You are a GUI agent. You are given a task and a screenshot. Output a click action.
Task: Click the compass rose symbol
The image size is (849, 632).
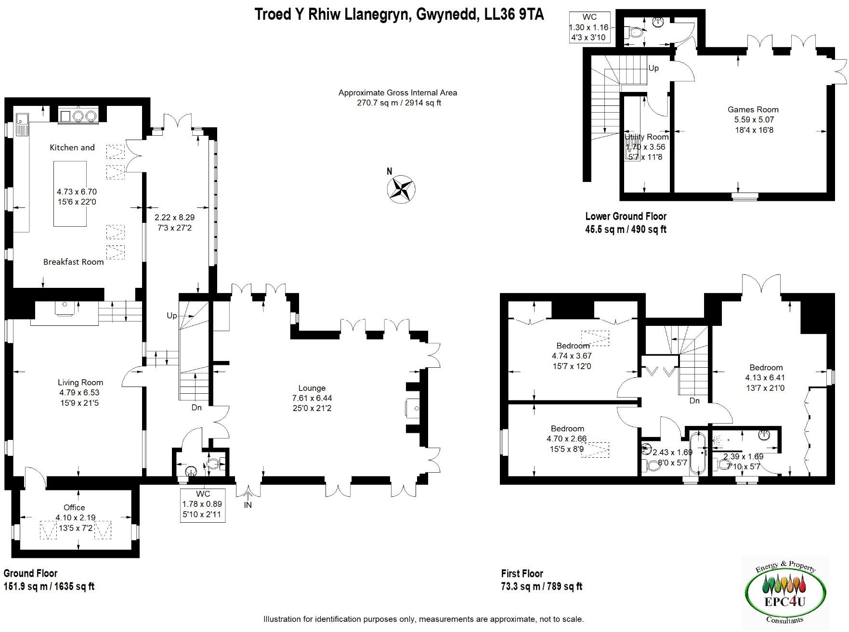click(x=401, y=189)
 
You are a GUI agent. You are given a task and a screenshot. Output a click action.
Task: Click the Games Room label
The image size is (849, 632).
click(x=753, y=110)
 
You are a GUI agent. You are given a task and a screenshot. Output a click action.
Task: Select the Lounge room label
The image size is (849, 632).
click(x=312, y=388)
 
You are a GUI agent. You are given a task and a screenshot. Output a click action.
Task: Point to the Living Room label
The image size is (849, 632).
click(x=80, y=382)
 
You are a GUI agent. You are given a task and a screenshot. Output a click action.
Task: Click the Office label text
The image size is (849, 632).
click(x=74, y=507)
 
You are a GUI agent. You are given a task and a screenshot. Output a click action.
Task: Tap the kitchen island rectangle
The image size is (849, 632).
click(x=70, y=193)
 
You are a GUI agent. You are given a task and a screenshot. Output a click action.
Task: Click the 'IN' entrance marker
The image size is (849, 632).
click(x=248, y=505)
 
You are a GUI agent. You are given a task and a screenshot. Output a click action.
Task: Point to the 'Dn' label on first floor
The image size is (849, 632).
click(x=694, y=400)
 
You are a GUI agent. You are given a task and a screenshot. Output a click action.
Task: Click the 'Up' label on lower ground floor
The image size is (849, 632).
click(x=653, y=68)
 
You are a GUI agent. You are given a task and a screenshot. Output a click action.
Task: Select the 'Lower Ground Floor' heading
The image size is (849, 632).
click(x=626, y=217)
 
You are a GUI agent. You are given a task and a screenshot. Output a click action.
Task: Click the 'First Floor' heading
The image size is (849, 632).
click(x=522, y=573)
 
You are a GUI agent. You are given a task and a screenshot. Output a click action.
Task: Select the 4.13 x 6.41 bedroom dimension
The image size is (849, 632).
click(x=765, y=378)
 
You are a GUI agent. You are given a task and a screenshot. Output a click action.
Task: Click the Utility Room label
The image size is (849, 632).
click(x=646, y=137)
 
